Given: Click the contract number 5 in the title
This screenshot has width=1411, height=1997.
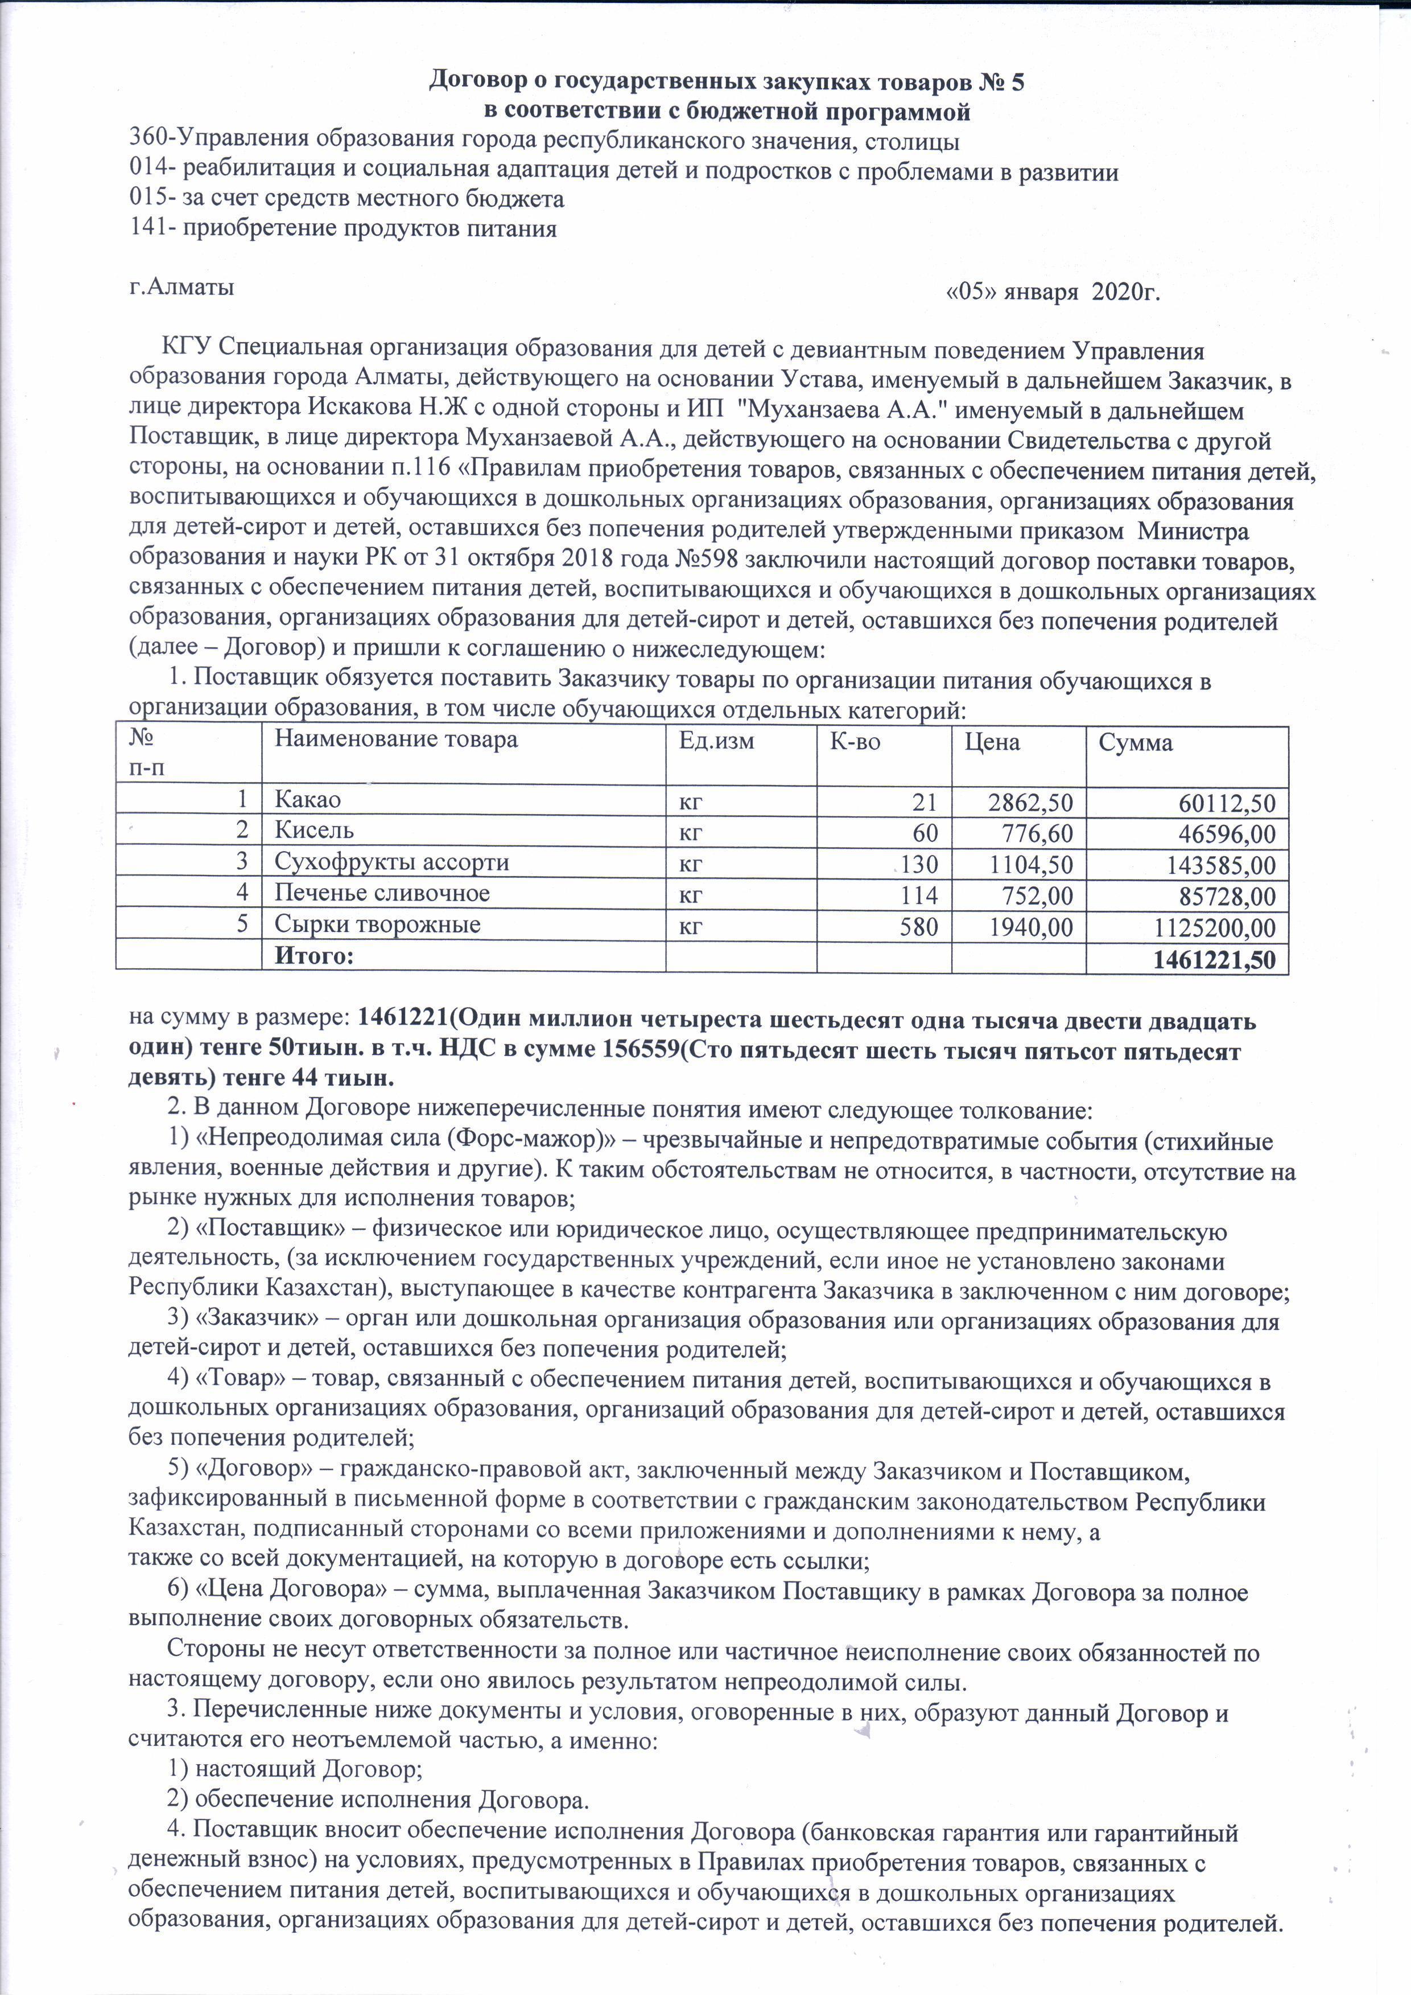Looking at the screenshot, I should [x=1017, y=82].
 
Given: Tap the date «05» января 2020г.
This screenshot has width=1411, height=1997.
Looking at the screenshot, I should [x=1052, y=292].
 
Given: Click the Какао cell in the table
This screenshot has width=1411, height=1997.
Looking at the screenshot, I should [x=308, y=799].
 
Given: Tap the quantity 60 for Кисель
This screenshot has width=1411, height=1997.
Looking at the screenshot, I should [x=925, y=833].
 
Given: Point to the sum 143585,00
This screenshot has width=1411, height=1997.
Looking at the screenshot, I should [x=1215, y=865].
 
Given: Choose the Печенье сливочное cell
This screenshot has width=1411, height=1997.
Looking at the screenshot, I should [x=382, y=893].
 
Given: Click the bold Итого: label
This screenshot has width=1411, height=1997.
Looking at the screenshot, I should [x=315, y=956].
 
